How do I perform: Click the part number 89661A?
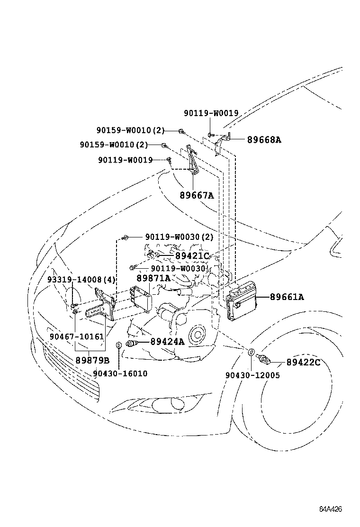[287, 297]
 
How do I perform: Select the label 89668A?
[264, 140]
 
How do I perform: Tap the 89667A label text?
[197, 194]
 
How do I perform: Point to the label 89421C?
[192, 256]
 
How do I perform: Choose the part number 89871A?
[153, 278]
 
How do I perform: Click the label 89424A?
[167, 342]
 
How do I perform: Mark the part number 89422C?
[303, 363]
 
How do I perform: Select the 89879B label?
[92, 360]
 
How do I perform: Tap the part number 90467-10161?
[76, 336]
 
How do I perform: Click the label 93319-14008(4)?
[81, 280]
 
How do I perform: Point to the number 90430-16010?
[120, 373]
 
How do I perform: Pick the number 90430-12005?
[252, 375]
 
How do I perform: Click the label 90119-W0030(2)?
[180, 237]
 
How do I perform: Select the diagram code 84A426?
[330, 509]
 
